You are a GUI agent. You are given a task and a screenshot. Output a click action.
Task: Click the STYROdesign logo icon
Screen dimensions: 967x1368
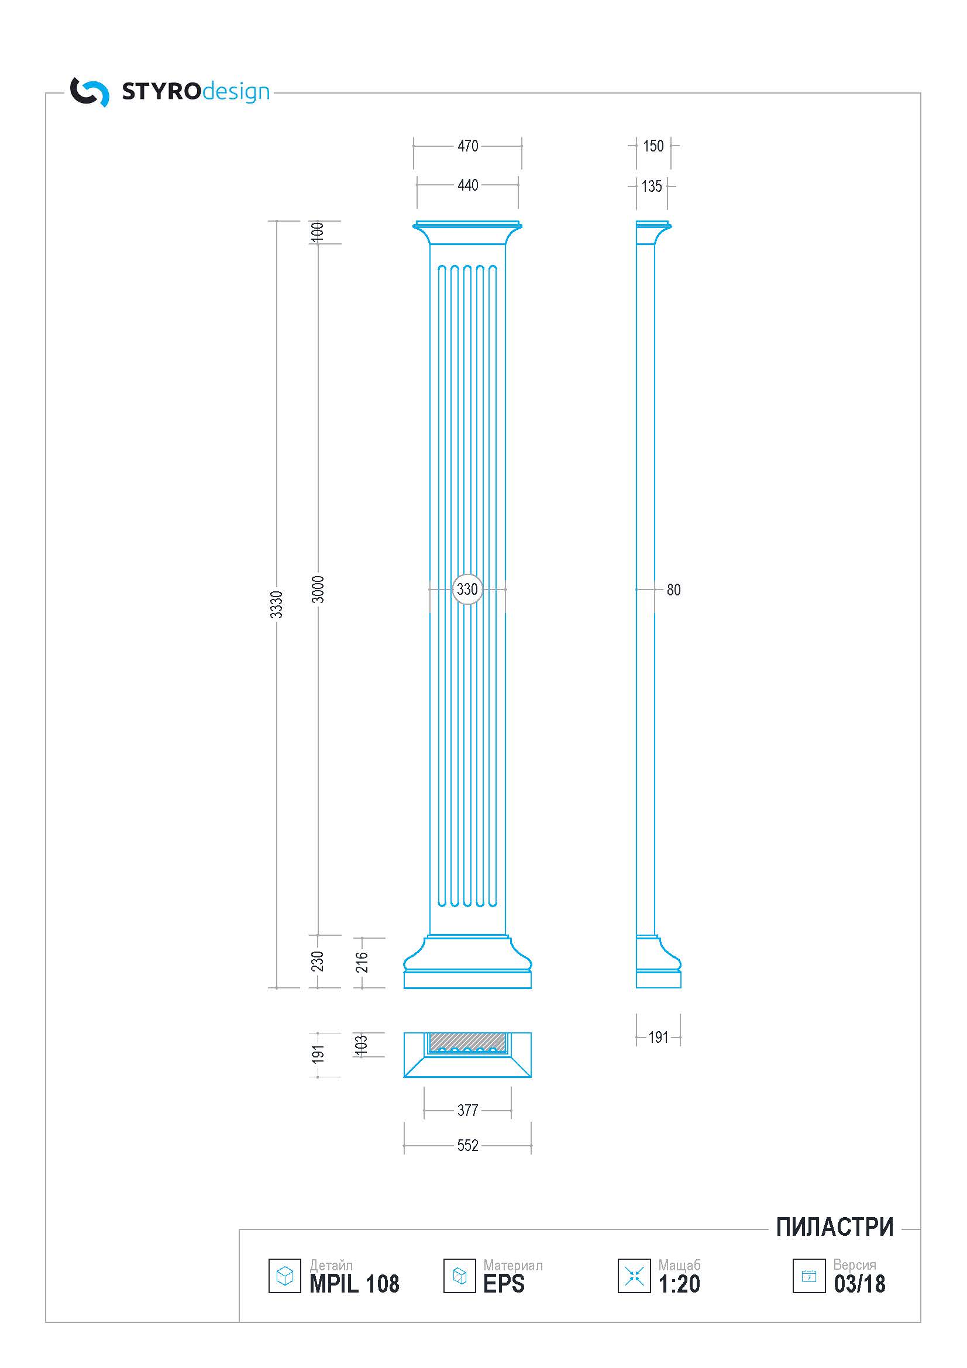[x=90, y=92]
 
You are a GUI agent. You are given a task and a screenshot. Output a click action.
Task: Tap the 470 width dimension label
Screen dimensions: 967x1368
[x=468, y=146]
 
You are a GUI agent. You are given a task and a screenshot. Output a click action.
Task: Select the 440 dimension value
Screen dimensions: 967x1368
[x=468, y=185]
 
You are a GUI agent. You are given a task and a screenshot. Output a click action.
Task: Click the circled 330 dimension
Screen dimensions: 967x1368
[x=467, y=590]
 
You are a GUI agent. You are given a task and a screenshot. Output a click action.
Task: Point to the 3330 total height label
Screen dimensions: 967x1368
[x=277, y=604]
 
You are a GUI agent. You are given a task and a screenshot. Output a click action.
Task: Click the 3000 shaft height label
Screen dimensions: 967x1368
[x=318, y=590]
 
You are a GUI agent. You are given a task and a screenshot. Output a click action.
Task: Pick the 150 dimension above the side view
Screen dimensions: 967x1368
[x=653, y=146]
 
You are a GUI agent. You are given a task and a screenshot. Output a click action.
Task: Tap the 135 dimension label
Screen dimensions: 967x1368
[x=652, y=187]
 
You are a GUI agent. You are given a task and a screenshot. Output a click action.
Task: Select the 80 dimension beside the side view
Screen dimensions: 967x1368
[x=673, y=590]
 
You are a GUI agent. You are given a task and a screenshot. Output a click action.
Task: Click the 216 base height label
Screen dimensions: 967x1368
[x=362, y=962]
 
